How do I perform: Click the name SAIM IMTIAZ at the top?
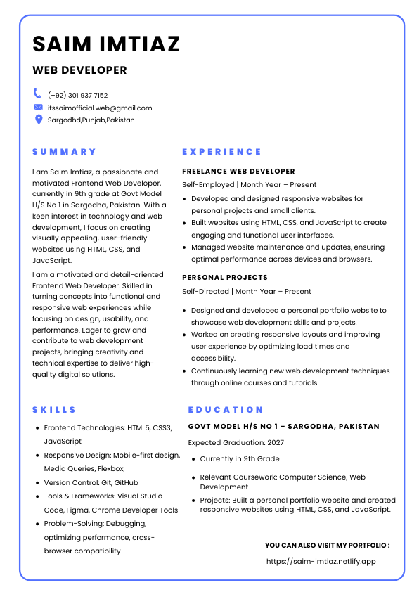click(106, 44)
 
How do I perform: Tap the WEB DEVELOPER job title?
click(79, 70)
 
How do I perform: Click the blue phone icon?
click(38, 94)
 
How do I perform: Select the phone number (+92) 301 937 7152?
click(77, 95)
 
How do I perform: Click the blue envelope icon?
click(38, 107)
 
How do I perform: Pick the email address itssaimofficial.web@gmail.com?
click(100, 108)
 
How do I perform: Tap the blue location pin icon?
click(38, 120)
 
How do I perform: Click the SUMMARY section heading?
click(64, 152)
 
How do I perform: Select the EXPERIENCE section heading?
click(221, 152)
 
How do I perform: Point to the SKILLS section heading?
click(54, 410)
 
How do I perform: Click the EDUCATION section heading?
click(226, 410)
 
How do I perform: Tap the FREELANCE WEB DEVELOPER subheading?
click(238, 171)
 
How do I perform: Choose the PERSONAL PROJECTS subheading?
click(224, 278)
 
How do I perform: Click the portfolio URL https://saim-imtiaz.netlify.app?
click(321, 561)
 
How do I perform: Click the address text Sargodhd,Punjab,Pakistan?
click(91, 120)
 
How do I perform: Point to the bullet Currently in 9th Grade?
click(239, 458)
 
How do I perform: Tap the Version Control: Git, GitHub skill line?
click(91, 482)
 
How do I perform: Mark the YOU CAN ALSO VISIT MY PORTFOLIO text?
click(327, 545)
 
